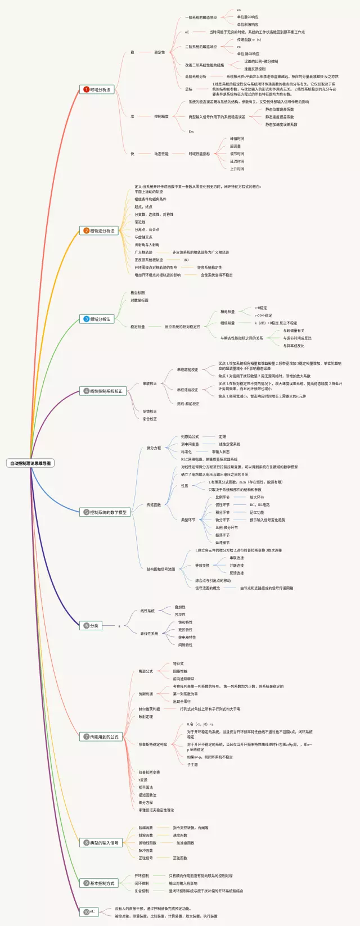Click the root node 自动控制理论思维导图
[x=31, y=463]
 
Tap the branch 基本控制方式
[x=102, y=883]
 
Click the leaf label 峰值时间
[x=237, y=139]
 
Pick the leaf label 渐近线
[x=140, y=222]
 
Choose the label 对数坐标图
[x=139, y=300]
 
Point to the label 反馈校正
[x=150, y=411]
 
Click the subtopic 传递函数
[x=154, y=505]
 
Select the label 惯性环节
[x=222, y=505]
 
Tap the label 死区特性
[x=185, y=630]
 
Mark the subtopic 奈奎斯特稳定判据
[x=153, y=744]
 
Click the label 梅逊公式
[x=146, y=671]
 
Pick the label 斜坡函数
[x=146, y=835]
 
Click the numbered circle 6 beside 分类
[x=86, y=626]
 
